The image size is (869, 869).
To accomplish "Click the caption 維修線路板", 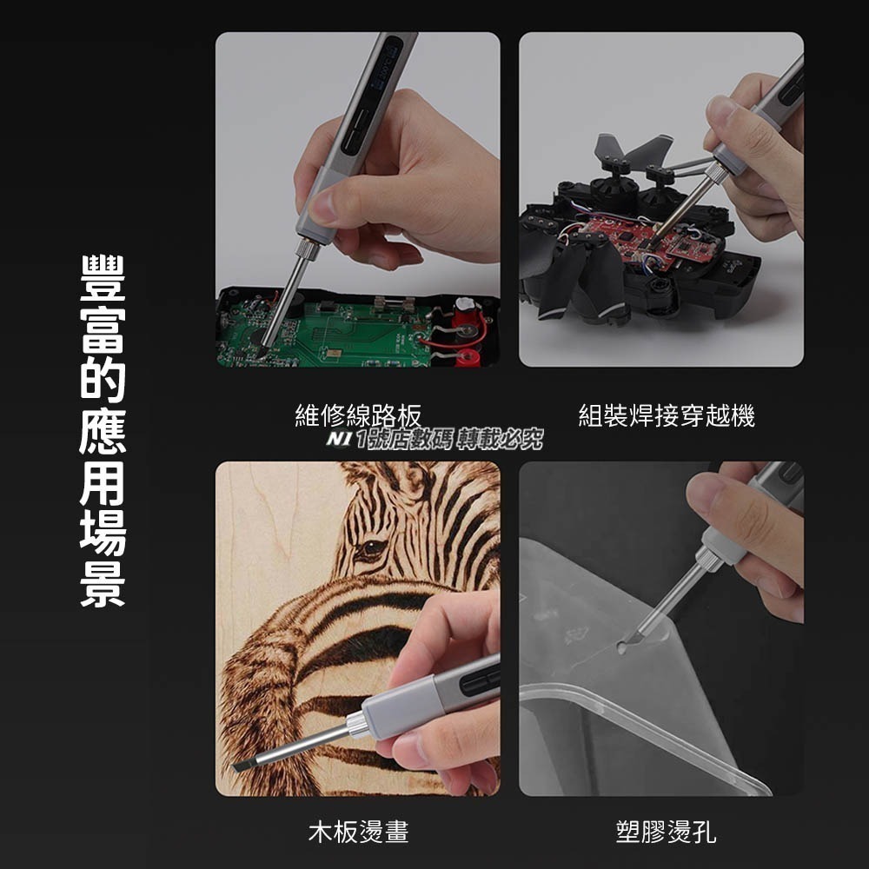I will tap(358, 416).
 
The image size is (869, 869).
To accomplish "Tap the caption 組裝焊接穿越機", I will tap(667, 416).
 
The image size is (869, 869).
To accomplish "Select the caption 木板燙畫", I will tap(358, 833).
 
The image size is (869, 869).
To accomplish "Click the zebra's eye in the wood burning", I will tap(371, 548).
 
